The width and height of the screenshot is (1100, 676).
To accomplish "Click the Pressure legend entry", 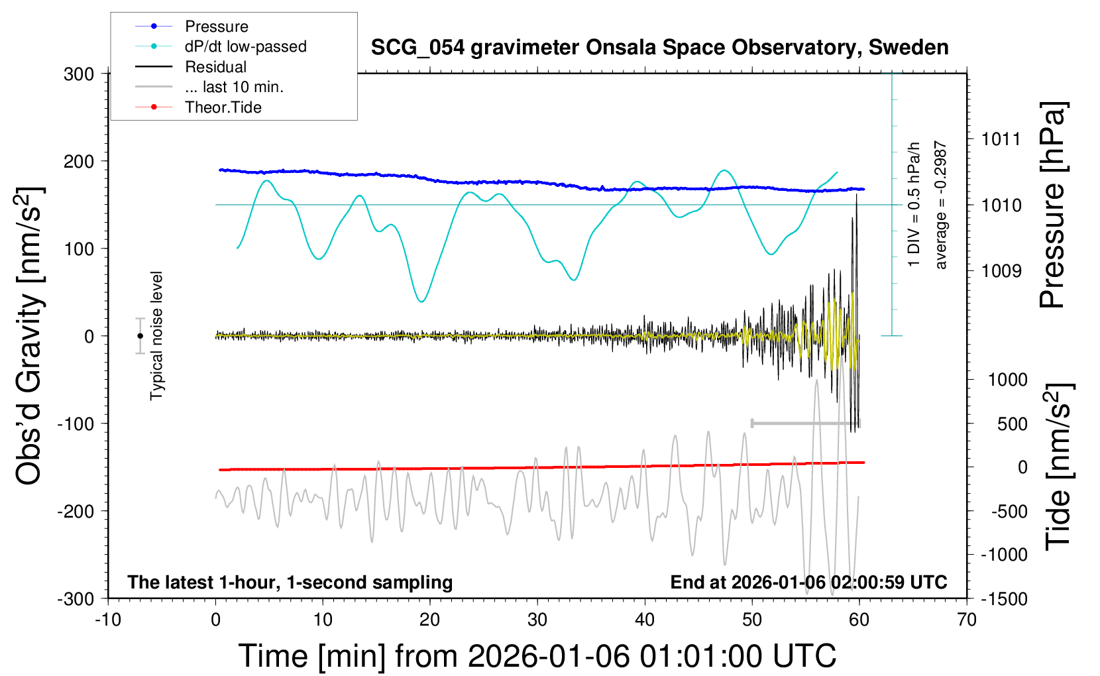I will point(216,27).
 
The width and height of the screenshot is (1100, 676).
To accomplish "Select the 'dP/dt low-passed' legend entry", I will point(245,46).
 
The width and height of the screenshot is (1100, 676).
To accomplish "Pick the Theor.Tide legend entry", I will point(223,107).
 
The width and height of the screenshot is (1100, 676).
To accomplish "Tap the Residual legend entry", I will point(215,67).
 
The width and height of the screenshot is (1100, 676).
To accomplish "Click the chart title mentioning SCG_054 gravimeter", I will point(659,48).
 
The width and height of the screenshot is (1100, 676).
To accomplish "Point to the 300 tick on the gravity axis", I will point(79,74).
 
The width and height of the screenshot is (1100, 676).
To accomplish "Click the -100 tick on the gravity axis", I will point(76,423).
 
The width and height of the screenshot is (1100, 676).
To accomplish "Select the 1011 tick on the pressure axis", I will point(1001,139).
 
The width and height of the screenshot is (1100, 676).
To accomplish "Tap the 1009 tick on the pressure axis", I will point(1001,270).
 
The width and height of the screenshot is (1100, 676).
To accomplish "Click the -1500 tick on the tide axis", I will point(1004,598).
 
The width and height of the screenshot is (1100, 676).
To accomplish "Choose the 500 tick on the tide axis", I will point(1012,423).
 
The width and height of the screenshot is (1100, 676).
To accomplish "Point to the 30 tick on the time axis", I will point(537,620).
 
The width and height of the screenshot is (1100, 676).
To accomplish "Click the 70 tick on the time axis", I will point(967,620).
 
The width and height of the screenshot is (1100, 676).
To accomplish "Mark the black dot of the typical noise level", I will point(140,336).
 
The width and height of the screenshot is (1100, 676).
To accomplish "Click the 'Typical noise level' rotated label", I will point(156,336).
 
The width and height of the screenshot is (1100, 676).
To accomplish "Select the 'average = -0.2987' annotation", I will point(940,205).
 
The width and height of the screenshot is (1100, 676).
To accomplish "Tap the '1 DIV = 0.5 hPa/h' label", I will point(914,205).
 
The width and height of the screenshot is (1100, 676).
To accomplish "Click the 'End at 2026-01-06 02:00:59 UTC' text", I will point(808,582).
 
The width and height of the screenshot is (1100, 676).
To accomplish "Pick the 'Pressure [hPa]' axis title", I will point(1053,205).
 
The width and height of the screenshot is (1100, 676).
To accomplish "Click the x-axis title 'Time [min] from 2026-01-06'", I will point(537,656).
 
